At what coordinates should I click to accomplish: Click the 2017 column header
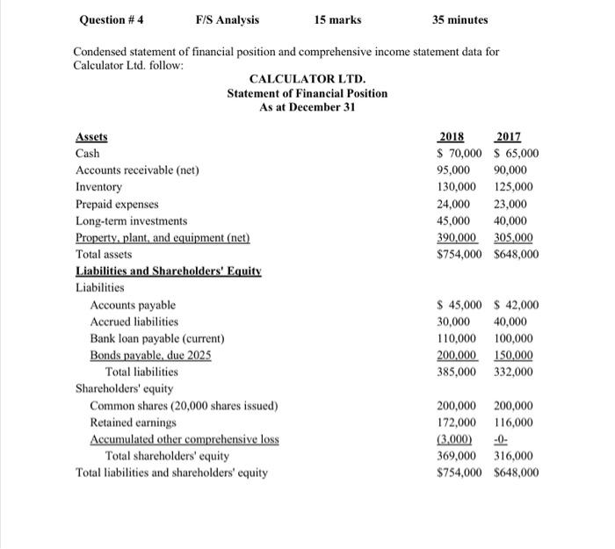(x=509, y=137)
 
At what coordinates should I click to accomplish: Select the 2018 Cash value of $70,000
(x=458, y=154)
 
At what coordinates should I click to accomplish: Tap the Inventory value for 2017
(x=513, y=187)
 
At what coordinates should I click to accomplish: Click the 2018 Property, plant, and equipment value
(x=456, y=238)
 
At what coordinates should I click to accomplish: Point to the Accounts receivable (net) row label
(x=137, y=170)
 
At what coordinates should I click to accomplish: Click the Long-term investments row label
(x=132, y=220)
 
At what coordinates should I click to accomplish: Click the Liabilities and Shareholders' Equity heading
(x=169, y=271)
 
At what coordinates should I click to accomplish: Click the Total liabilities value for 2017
(x=513, y=372)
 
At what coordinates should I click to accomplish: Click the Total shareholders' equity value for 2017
(x=513, y=456)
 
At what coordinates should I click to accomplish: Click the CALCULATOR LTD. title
(x=307, y=79)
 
